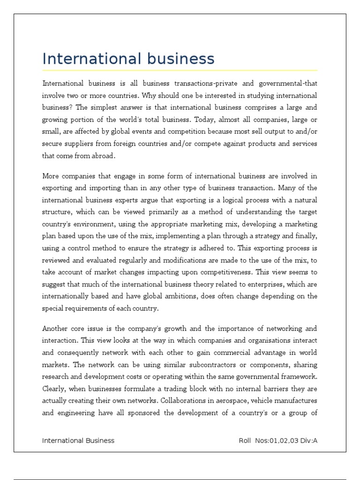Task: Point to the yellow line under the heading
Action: pyautogui.click(x=180, y=70)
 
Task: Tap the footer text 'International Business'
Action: pyautogui.click(x=78, y=441)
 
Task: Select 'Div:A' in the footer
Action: pyautogui.click(x=308, y=441)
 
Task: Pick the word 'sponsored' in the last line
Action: pyautogui.click(x=148, y=413)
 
